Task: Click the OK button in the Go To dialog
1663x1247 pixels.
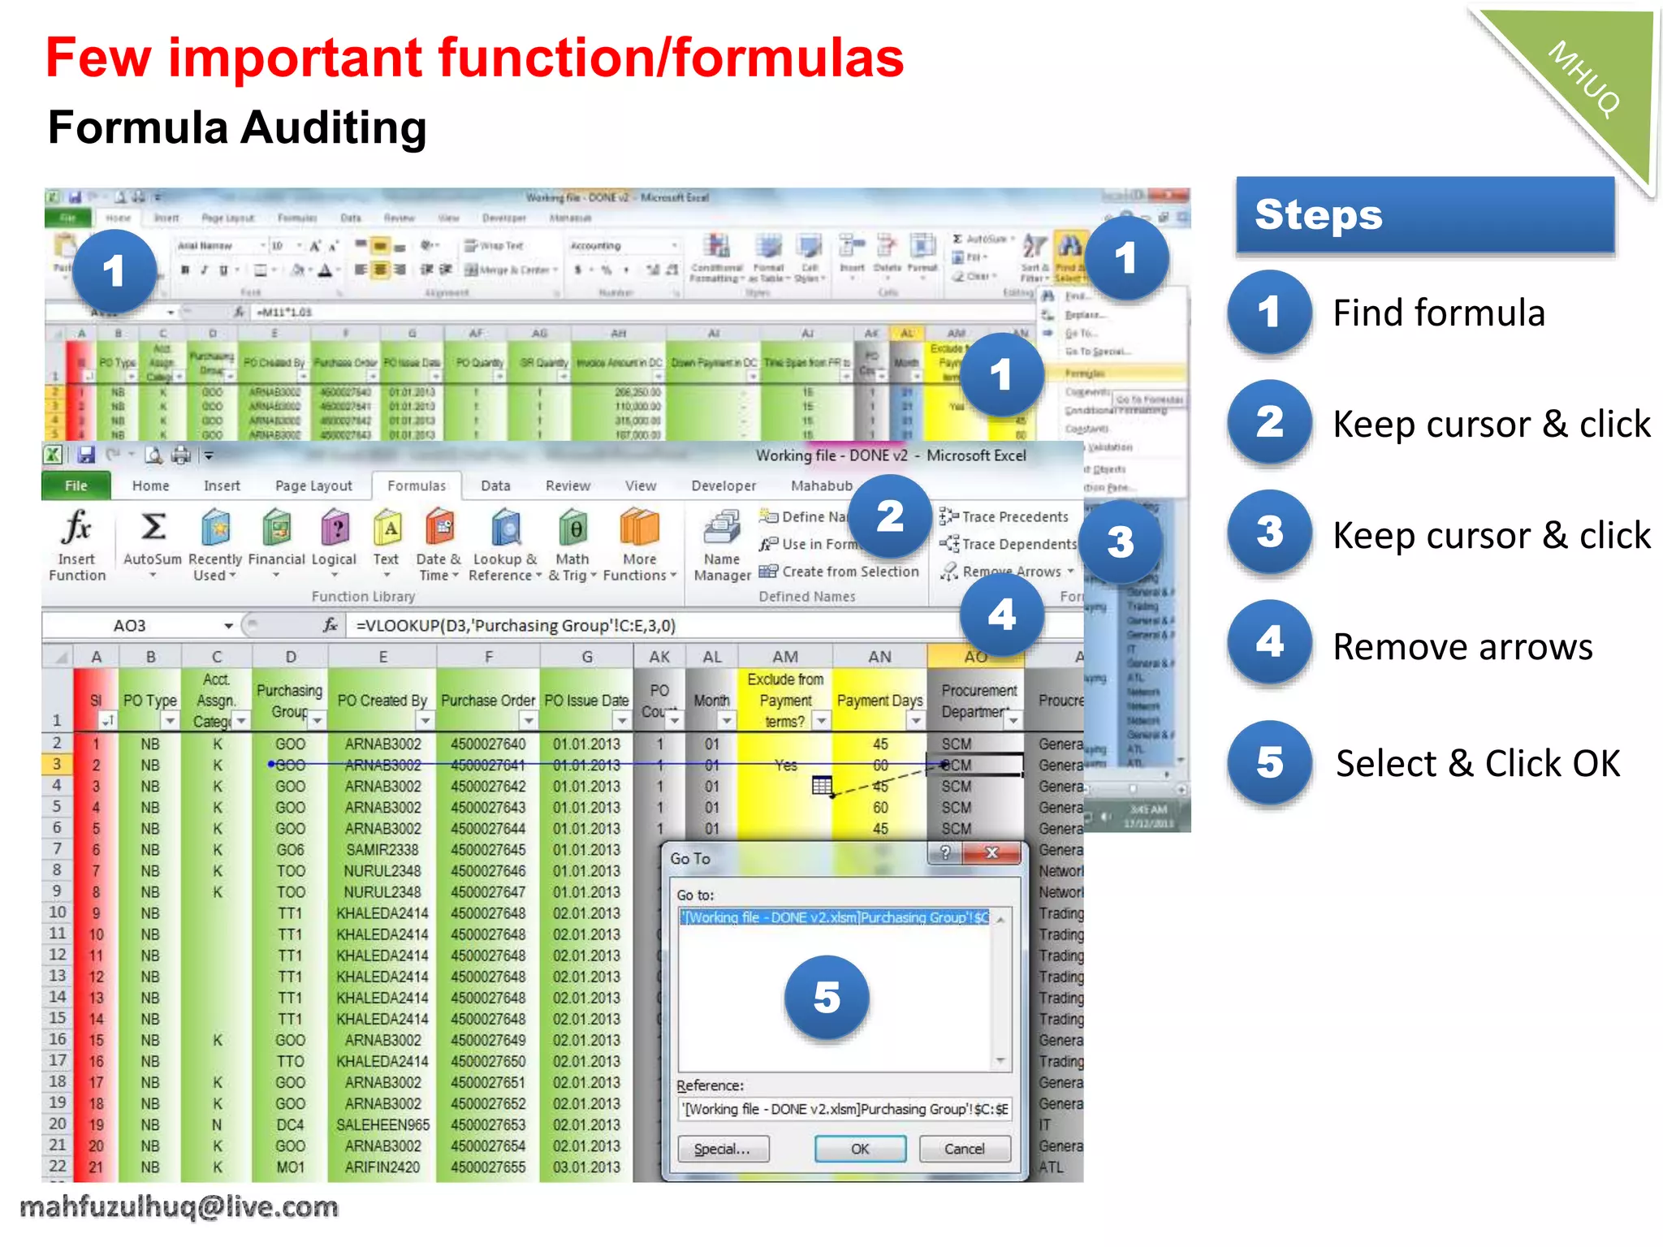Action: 860,1149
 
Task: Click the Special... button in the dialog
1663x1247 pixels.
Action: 722,1149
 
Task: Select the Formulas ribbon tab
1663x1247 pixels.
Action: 416,485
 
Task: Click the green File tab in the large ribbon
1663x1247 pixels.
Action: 76,485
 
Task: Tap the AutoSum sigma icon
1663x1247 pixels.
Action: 153,528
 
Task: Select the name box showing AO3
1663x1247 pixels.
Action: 130,626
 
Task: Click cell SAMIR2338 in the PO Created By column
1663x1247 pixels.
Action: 382,850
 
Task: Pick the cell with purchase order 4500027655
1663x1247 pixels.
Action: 488,1167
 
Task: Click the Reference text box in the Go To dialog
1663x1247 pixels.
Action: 844,1109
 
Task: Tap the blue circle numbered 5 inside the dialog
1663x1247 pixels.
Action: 827,998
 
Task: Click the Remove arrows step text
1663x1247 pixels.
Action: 1462,647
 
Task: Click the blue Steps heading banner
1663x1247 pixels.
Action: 1424,215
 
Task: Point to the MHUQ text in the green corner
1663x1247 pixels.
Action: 1584,79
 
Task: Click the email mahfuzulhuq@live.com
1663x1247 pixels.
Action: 179,1207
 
